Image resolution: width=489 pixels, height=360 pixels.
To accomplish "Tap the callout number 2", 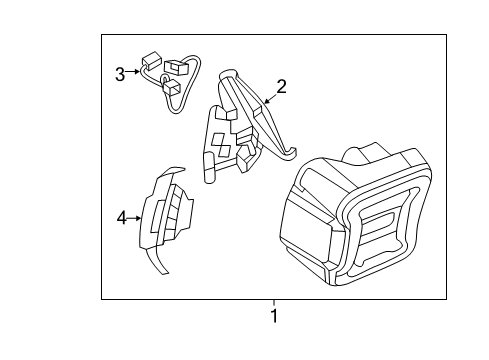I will pyautogui.click(x=281, y=87).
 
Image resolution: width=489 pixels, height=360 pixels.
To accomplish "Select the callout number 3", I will pyautogui.click(x=120, y=73).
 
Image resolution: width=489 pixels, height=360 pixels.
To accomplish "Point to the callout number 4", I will pyautogui.click(x=121, y=217).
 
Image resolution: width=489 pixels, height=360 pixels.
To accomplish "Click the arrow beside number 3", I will pyautogui.click(x=134, y=73).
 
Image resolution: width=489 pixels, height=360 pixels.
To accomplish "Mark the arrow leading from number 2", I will pyautogui.click(x=268, y=97).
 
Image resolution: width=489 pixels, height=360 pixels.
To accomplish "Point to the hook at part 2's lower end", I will pyautogui.click(x=290, y=152).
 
